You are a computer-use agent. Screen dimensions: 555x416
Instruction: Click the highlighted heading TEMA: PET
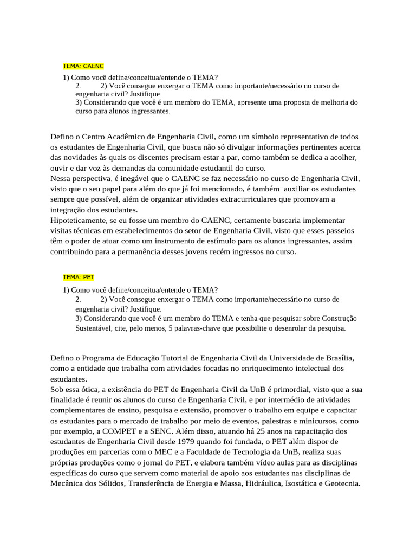click(x=79, y=277)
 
